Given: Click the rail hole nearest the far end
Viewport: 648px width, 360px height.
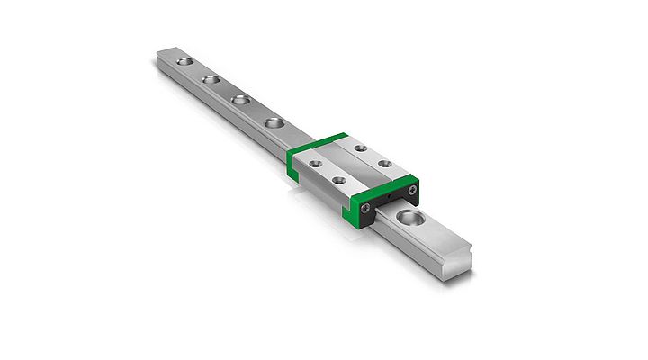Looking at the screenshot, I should click(185, 62).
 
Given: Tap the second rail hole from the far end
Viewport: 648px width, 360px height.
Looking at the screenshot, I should click(212, 80).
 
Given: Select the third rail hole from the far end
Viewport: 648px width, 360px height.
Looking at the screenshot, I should click(240, 99).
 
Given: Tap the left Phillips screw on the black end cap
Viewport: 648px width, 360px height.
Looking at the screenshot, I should click(365, 209).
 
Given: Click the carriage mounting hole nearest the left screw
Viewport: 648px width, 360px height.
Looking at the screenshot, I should click(340, 181).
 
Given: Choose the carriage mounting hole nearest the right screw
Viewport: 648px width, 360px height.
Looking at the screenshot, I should click(384, 164).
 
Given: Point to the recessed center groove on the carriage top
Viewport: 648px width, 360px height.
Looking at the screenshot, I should click(349, 165).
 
